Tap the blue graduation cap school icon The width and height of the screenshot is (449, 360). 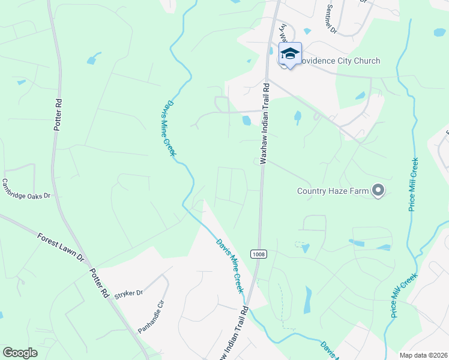[x=290, y=53]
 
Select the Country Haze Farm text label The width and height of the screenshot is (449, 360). [x=333, y=191]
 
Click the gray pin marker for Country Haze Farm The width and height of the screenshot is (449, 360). [x=378, y=191]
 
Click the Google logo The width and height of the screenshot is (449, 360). [x=20, y=353]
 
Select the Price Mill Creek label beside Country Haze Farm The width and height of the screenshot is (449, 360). [x=414, y=184]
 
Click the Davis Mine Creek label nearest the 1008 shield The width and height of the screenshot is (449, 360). [x=231, y=266]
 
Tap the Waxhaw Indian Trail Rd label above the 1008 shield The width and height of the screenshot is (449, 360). [x=263, y=126]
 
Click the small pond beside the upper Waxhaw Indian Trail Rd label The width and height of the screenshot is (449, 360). [x=247, y=121]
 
